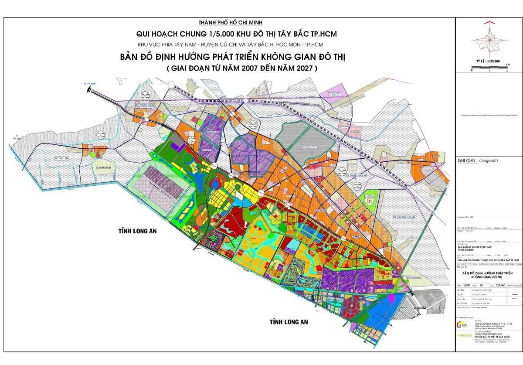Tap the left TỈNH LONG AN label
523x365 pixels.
click(136, 231)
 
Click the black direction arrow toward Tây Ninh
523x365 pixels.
click(90, 89)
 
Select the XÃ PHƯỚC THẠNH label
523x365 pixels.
click(145, 104)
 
